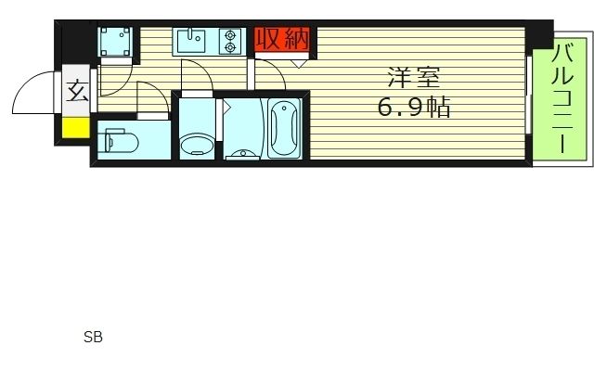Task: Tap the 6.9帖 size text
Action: pyautogui.click(x=413, y=109)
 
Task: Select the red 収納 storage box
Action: pyautogui.click(x=281, y=41)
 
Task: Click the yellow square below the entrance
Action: pyautogui.click(x=76, y=128)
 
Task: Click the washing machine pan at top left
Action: pyautogui.click(x=118, y=42)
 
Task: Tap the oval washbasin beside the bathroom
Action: pyautogui.click(x=196, y=144)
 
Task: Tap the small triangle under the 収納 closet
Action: pyautogui.click(x=298, y=63)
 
